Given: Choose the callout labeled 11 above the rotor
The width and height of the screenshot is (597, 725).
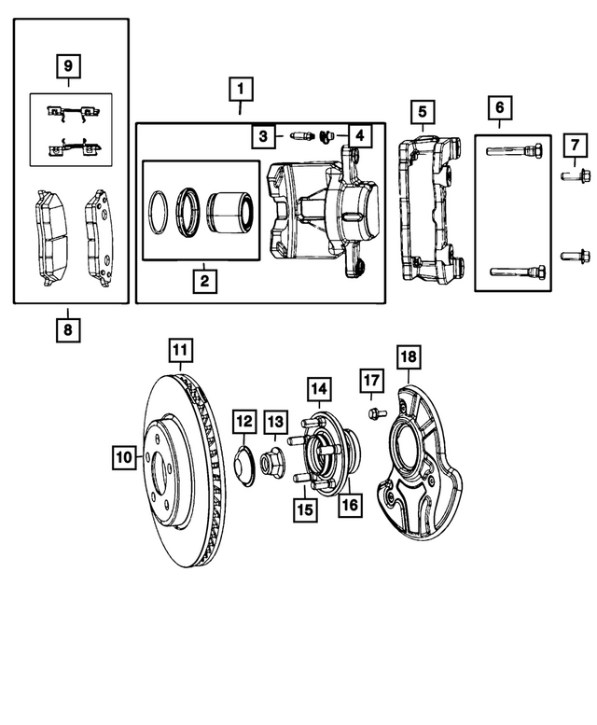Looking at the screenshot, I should tap(181, 353).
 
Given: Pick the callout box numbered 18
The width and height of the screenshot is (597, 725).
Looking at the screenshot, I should tap(407, 356).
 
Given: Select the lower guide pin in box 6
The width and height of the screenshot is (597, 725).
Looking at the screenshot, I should tap(514, 272).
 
